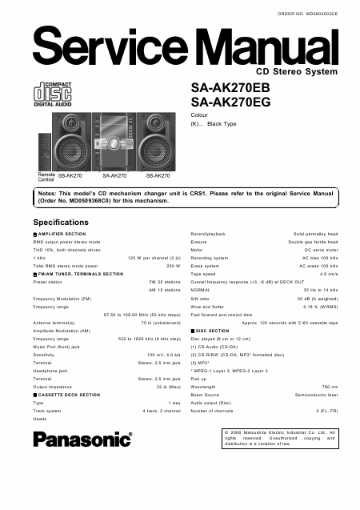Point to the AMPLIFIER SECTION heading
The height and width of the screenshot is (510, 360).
click(62, 234)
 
